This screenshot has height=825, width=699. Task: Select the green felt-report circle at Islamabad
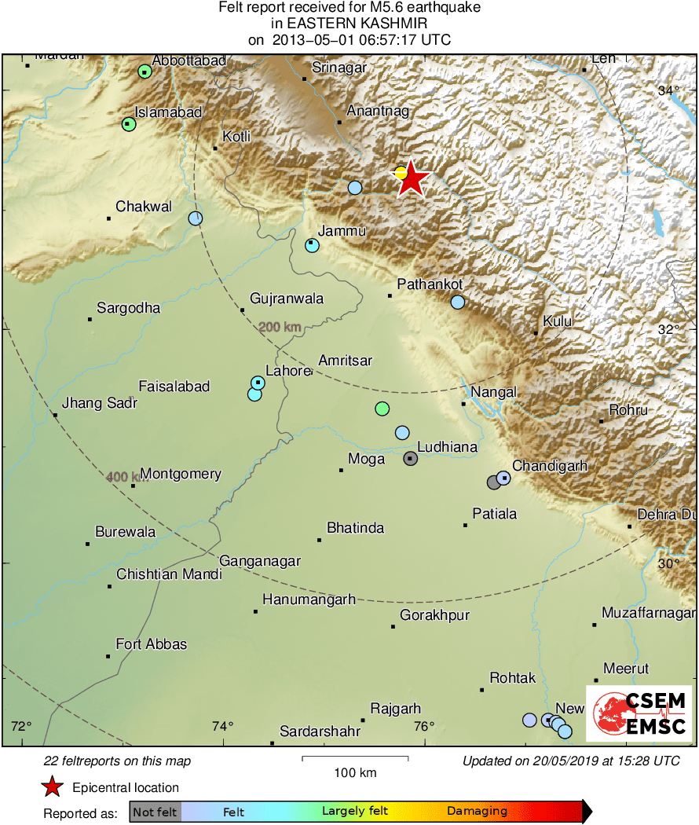(x=129, y=124)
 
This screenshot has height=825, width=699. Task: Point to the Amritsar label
(x=345, y=361)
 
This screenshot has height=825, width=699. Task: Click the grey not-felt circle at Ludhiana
(x=410, y=459)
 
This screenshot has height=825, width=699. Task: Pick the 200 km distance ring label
(x=280, y=327)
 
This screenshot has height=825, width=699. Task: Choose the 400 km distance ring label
(x=123, y=477)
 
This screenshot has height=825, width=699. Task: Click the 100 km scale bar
(x=355, y=758)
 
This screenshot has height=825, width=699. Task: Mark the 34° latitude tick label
(x=668, y=91)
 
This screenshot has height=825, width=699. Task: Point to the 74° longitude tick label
(x=223, y=725)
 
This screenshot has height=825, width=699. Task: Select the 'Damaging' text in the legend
(x=477, y=811)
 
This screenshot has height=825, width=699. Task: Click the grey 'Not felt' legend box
(x=155, y=811)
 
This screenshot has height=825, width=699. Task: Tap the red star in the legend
(x=53, y=786)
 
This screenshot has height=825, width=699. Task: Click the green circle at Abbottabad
(x=145, y=71)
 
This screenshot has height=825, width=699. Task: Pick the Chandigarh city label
(x=550, y=466)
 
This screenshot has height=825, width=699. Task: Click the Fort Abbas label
(x=151, y=644)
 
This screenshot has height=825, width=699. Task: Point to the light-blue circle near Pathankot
(x=458, y=302)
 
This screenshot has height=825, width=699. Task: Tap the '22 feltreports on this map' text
(x=117, y=761)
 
